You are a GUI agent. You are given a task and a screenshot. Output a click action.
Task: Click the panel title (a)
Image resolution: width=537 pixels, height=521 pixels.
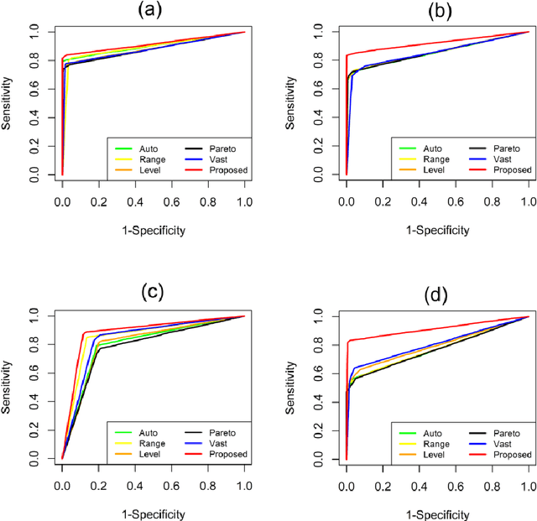pos(154,11)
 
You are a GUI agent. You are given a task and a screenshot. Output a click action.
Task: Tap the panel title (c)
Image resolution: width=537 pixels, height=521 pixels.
pos(154,292)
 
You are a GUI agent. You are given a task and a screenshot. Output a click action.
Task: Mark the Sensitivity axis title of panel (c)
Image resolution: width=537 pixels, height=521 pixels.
pos(8,387)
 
